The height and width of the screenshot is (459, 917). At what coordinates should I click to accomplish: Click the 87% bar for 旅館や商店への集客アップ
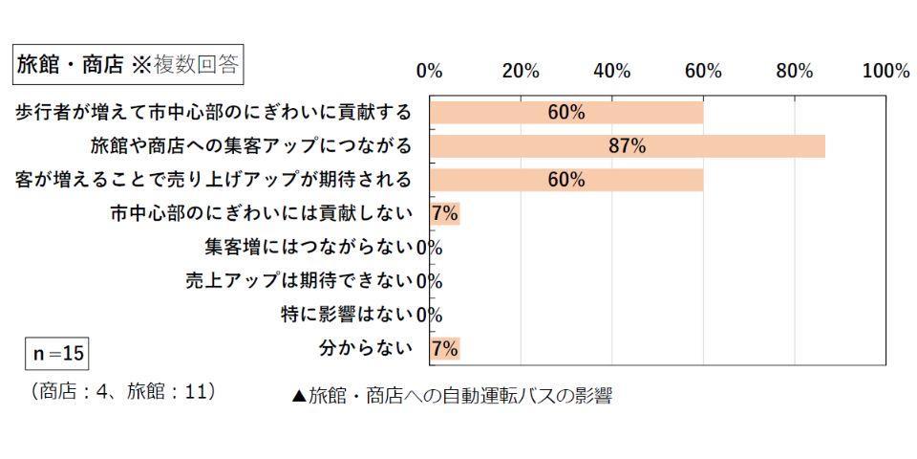[627, 146]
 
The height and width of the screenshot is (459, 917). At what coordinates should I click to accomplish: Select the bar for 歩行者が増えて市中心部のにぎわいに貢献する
[565, 113]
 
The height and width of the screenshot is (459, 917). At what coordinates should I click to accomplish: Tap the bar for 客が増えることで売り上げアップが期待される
[565, 180]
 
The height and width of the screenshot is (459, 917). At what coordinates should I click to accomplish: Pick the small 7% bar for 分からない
[444, 348]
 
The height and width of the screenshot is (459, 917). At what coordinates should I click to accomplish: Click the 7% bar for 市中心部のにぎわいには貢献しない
[444, 213]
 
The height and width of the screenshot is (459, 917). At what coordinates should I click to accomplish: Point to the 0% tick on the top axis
[429, 71]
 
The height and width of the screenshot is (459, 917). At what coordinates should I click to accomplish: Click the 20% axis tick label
[521, 71]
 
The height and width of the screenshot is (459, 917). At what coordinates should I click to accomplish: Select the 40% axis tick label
[611, 71]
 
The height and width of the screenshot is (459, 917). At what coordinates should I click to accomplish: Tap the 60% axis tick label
[703, 71]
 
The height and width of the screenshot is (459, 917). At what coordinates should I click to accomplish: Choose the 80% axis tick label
[794, 71]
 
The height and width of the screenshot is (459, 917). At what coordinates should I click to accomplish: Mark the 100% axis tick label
[885, 71]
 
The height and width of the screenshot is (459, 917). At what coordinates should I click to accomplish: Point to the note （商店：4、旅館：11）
[124, 392]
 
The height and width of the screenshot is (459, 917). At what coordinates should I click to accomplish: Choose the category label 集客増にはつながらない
[309, 247]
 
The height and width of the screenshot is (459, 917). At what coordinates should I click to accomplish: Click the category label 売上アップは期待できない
[299, 281]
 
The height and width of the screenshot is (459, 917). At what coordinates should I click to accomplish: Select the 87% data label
[628, 146]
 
